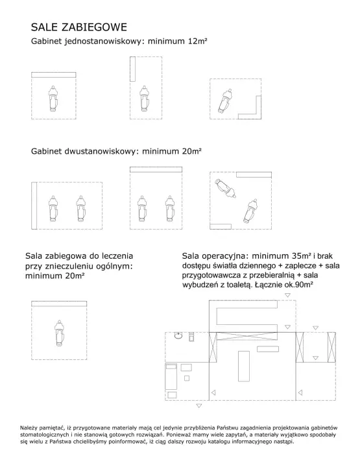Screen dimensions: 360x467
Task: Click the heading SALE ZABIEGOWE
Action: tap(79, 27)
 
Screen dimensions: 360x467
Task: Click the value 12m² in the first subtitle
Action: tap(197, 41)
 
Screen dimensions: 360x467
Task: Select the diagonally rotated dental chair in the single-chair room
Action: tap(225, 101)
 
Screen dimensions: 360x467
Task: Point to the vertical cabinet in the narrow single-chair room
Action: tap(132, 69)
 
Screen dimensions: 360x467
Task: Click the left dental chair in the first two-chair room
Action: tap(53, 208)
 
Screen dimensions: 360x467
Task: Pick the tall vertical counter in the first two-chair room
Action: tap(34, 206)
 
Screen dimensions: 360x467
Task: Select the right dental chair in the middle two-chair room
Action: tap(169, 208)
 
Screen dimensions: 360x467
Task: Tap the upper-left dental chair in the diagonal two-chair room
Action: tap(226, 188)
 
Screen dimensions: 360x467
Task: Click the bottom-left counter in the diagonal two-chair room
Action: tap(221, 226)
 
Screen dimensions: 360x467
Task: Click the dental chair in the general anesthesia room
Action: tap(59, 333)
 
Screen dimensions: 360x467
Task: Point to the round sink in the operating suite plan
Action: tap(178, 336)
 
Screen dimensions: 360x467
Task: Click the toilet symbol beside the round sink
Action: tap(191, 337)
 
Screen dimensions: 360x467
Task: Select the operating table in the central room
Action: tap(244, 366)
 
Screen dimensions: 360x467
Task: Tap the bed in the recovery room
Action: tap(171, 376)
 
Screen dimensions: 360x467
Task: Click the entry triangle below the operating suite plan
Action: tap(199, 405)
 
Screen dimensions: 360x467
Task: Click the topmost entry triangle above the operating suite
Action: tap(287, 295)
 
